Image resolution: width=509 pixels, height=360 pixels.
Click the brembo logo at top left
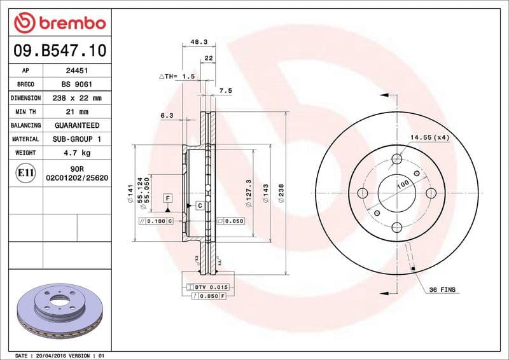pyautogui.click(x=59, y=23)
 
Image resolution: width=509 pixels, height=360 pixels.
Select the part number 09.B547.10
pyautogui.click(x=59, y=50)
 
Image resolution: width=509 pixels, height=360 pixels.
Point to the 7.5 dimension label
pyautogui.click(x=225, y=91)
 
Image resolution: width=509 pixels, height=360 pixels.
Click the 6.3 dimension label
pyautogui.click(x=167, y=116)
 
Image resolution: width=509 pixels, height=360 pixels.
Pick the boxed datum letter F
pyautogui.click(x=168, y=198)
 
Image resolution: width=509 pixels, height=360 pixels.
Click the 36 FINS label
pyautogui.click(x=442, y=289)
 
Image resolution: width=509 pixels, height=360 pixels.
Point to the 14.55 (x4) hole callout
pyautogui.click(x=429, y=137)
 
